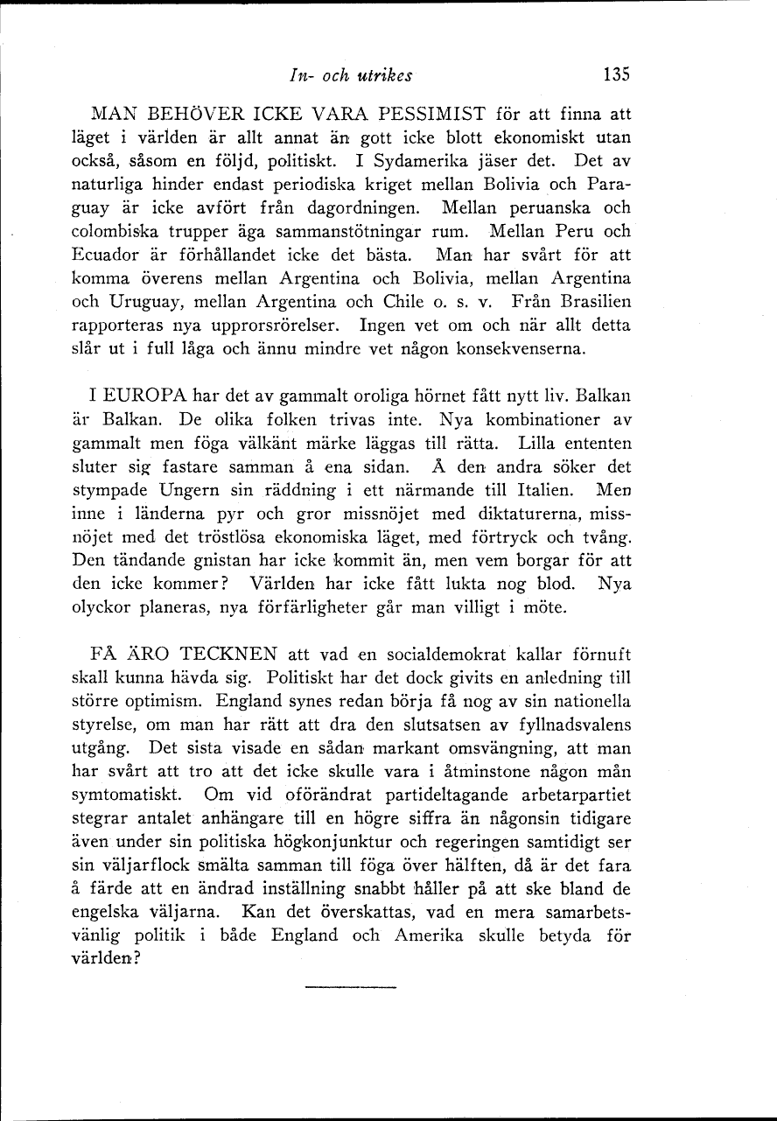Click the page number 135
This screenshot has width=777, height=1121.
pyautogui.click(x=616, y=74)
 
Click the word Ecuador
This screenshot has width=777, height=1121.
pyautogui.click(x=101, y=256)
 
